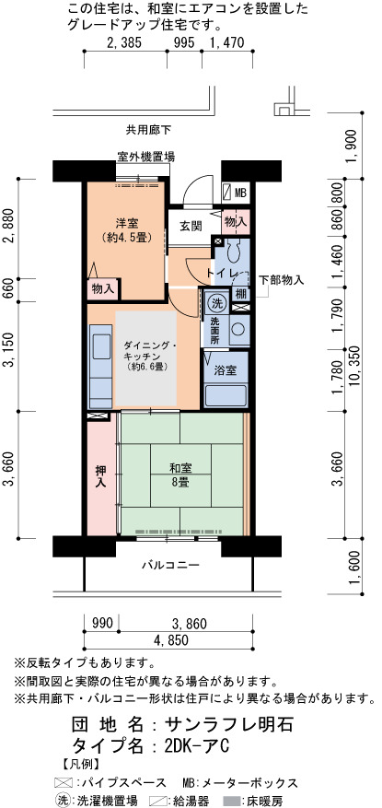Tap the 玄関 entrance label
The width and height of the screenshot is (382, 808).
[191, 226]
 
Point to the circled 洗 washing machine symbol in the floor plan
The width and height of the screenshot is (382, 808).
[215, 303]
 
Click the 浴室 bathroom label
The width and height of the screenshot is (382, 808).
[226, 370]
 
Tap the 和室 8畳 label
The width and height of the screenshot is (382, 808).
[180, 474]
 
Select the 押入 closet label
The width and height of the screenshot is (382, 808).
[100, 476]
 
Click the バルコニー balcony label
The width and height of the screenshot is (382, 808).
[170, 565]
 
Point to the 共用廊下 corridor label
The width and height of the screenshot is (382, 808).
[148, 130]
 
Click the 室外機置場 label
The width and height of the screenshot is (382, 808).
[145, 156]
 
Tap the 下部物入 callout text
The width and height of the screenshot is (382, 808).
[281, 280]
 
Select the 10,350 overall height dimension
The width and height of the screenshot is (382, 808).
[354, 366]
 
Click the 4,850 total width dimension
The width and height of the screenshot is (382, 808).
[168, 640]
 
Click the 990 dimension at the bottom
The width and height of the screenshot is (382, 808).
[102, 624]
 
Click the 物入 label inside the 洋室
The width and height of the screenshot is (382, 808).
[103, 289]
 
